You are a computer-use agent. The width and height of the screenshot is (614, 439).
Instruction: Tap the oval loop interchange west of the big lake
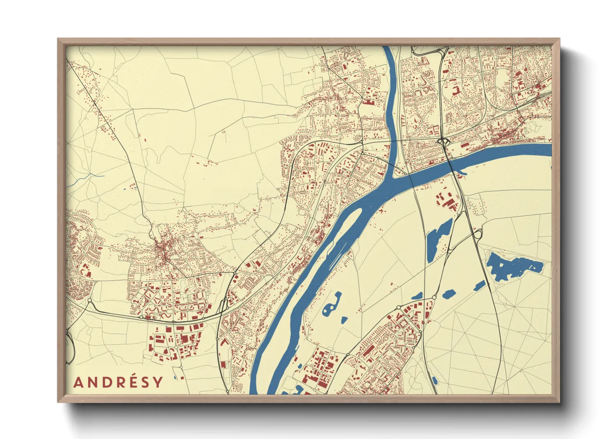tap(477, 234)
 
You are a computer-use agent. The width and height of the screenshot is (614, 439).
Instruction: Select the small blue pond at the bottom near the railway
tap(434, 380)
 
